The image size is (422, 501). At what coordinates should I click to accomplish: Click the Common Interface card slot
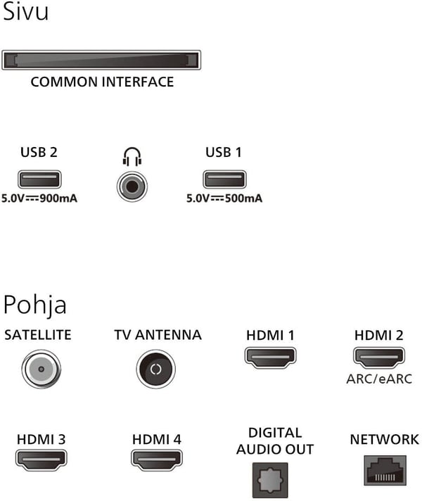(101, 60)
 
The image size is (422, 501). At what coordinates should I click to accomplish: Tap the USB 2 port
(39, 179)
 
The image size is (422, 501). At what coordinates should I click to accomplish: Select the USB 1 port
(224, 179)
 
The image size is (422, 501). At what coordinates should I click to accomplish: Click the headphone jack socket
(132, 186)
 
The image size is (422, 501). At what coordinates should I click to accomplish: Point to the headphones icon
(132, 156)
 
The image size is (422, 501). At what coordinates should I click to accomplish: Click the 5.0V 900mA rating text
(39, 198)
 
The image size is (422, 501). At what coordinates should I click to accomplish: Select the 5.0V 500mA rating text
(224, 198)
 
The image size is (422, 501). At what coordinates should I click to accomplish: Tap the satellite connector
(41, 369)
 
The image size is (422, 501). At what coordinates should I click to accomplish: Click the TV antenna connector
(156, 369)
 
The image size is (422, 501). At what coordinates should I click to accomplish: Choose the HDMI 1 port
(270, 357)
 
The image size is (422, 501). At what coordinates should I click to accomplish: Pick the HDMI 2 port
(379, 357)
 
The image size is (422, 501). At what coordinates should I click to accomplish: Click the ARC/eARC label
(379, 379)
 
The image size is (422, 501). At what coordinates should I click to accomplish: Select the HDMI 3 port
(41, 459)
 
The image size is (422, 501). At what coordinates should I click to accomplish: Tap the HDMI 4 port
(157, 459)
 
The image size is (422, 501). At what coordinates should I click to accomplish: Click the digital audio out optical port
(270, 480)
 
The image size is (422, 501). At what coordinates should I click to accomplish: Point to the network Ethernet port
(385, 471)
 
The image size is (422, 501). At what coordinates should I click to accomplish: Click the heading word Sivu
(25, 11)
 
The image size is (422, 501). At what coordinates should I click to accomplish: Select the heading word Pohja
(35, 305)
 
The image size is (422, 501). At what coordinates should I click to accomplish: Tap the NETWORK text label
(384, 440)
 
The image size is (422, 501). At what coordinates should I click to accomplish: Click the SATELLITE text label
(38, 335)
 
